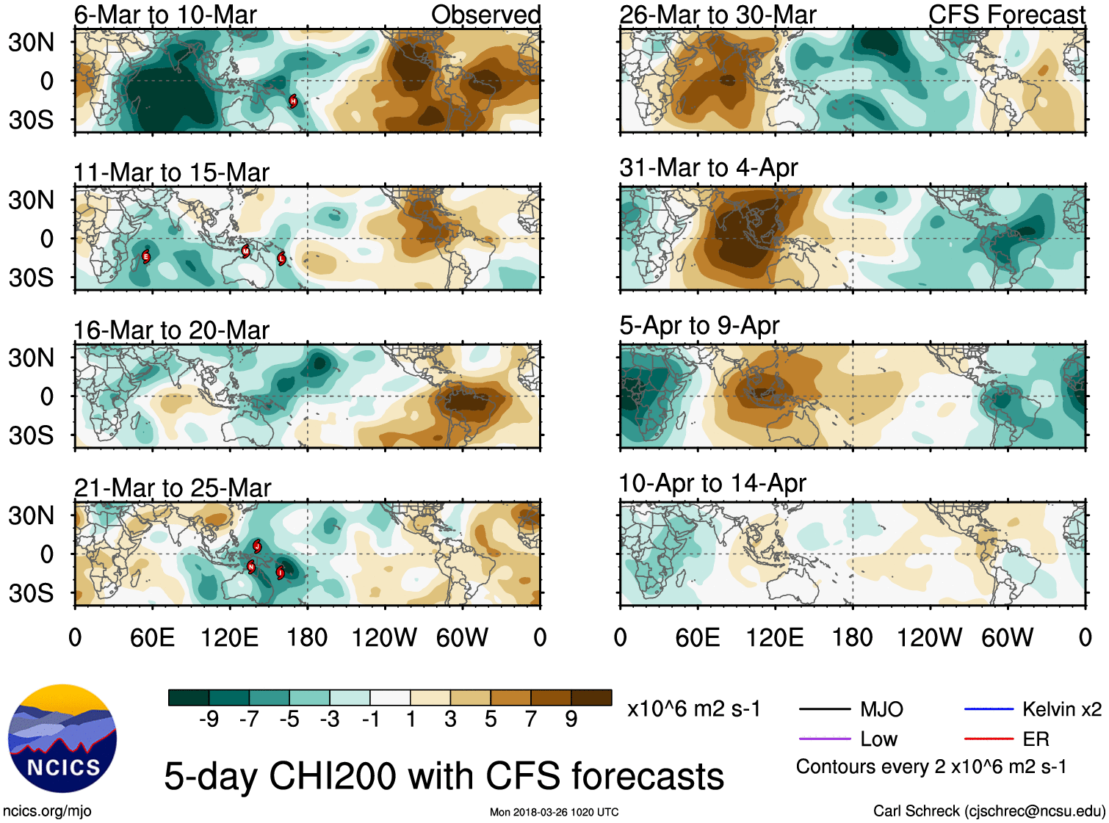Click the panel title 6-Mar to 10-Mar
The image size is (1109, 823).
165,15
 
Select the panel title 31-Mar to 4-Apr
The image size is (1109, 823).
708,168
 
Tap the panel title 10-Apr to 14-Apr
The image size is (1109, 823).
712,484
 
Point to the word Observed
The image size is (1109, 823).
485,15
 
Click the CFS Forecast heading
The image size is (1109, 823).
1006,15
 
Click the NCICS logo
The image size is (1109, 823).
62,739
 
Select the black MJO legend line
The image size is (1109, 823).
824,709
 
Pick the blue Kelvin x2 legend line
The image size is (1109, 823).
989,709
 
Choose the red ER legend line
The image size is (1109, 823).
989,739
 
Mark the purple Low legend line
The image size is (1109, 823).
824,739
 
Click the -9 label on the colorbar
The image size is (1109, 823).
209,719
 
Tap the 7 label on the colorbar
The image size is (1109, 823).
531,719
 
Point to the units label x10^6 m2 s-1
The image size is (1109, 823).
693,709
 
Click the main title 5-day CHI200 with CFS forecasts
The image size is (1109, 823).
444,777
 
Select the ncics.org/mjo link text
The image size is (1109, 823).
47,811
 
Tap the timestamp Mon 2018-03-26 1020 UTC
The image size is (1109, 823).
554,812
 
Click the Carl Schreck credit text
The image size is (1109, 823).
989,811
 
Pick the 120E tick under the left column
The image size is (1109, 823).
229,638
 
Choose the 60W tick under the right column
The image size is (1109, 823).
1007,638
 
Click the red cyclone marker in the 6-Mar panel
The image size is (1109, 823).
293,101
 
